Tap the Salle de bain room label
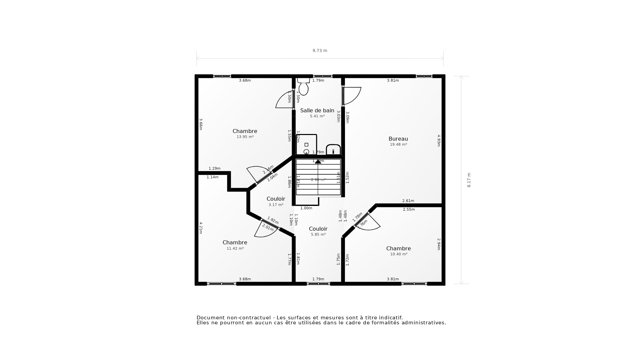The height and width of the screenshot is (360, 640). click(x=317, y=110)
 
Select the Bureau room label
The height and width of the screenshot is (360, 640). click(x=398, y=139)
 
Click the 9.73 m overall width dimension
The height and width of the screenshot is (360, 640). click(x=320, y=51)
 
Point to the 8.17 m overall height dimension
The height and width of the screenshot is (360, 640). click(x=469, y=180)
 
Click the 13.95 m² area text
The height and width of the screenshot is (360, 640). click(x=245, y=137)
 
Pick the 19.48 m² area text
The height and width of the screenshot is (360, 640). click(x=398, y=144)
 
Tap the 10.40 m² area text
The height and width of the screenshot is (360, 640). click(x=399, y=254)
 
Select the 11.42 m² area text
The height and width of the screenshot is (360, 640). click(x=235, y=248)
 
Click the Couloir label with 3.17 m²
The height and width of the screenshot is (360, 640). click(x=276, y=199)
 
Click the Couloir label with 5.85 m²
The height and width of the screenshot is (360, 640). click(x=318, y=229)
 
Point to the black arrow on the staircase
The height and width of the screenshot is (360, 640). click(x=318, y=161)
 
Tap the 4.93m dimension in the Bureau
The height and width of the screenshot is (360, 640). click(x=439, y=140)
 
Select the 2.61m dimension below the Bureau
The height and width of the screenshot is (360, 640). click(x=408, y=201)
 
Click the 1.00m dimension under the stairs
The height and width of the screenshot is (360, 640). click(x=306, y=208)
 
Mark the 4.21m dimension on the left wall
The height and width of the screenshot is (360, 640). click(x=201, y=228)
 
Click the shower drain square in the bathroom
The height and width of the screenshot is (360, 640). click(x=306, y=145)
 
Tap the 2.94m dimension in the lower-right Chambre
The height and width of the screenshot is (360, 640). click(x=439, y=244)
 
